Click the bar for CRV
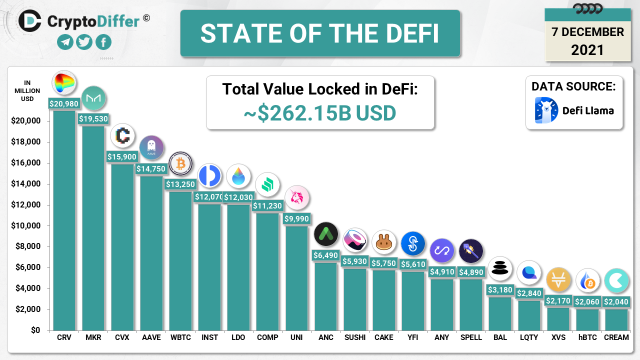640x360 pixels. click(64, 220)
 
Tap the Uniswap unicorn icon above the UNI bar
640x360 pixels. click(297, 198)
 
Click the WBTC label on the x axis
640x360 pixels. click(180, 337)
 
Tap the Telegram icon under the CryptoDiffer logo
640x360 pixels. click(65, 42)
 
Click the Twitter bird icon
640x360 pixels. click(84, 42)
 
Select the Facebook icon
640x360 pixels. click(103, 42)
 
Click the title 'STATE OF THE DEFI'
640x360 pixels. click(320, 33)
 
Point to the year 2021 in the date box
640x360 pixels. click(587, 50)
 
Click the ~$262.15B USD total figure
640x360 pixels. click(320, 113)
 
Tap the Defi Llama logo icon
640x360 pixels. click(546, 110)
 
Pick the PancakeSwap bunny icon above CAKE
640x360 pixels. click(384, 242)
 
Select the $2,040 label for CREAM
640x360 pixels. click(616, 302)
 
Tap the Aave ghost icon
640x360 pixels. click(151, 148)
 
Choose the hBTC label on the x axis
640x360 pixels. click(587, 337)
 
